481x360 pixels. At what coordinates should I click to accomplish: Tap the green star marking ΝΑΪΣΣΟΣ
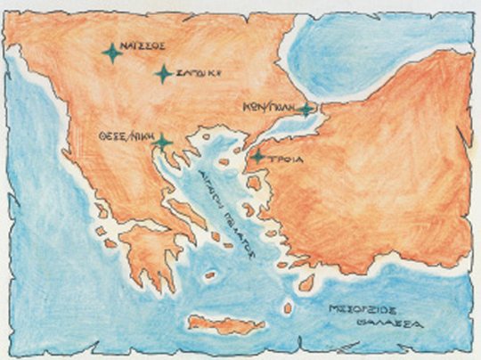(x=112, y=53)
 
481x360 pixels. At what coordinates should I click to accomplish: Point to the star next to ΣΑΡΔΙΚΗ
(x=163, y=73)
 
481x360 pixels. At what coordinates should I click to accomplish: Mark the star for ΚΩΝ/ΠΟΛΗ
(x=306, y=110)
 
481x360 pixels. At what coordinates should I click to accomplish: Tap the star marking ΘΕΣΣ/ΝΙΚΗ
(x=162, y=142)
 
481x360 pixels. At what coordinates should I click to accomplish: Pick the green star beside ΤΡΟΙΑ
(x=257, y=158)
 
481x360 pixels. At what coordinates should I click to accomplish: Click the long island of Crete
(x=219, y=325)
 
